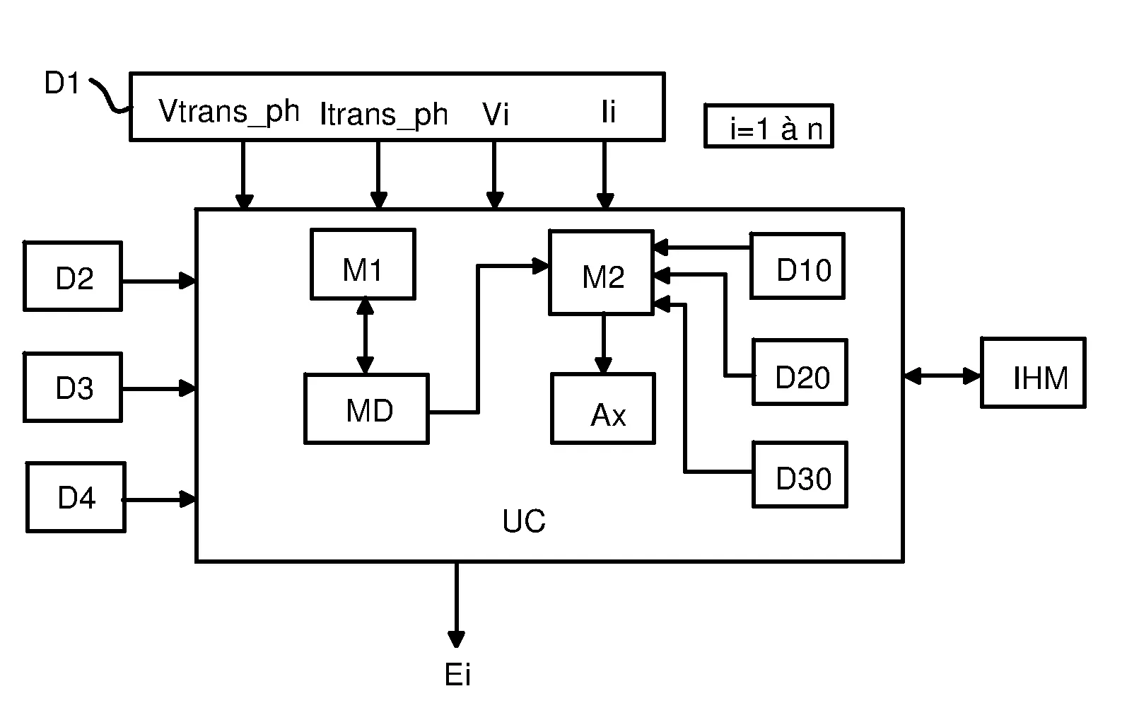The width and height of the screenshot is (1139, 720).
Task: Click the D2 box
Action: [73, 277]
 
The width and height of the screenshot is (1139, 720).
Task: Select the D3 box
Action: [73, 387]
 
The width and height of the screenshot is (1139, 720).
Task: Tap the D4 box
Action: [76, 497]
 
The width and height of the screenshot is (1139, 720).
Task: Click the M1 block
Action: [363, 264]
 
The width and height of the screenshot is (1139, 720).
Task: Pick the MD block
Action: [366, 409]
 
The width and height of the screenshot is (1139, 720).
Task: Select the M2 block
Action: [601, 272]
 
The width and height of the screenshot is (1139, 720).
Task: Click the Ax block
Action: [603, 409]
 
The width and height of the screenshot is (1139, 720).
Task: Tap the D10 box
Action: [798, 266]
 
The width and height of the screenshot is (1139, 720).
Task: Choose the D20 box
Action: [800, 372]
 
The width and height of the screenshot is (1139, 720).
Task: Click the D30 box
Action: [800, 475]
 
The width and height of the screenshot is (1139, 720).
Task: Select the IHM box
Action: [1033, 373]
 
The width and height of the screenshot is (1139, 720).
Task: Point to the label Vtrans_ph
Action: [229, 111]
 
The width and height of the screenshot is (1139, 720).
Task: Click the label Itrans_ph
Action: [384, 114]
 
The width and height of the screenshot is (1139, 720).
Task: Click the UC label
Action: [524, 521]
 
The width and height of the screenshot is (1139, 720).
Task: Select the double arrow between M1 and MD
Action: [365, 335]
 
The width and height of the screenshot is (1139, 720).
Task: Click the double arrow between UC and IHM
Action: [942, 376]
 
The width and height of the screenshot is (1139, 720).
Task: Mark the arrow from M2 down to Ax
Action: [603, 343]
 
